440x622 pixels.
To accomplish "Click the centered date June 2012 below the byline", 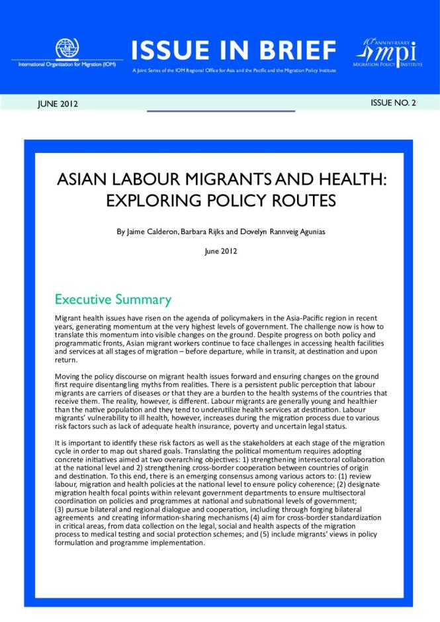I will pyautogui.click(x=220, y=251).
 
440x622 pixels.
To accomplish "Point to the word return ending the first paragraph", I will pyautogui.click(x=66, y=361).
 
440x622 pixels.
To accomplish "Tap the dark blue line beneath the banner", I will pyautogui.click(x=220, y=111).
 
